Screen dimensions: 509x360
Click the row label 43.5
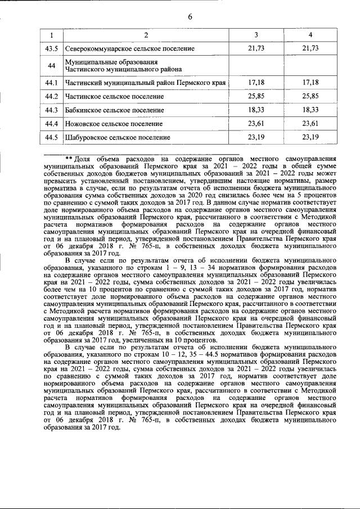pos(52,49)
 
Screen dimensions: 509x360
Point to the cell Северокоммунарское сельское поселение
pos(130,49)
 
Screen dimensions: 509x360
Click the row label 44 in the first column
pos(52,66)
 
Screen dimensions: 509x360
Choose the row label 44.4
pos(52,124)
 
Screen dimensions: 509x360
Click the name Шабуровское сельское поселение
pos(118,137)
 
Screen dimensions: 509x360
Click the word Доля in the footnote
pos(83,159)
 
